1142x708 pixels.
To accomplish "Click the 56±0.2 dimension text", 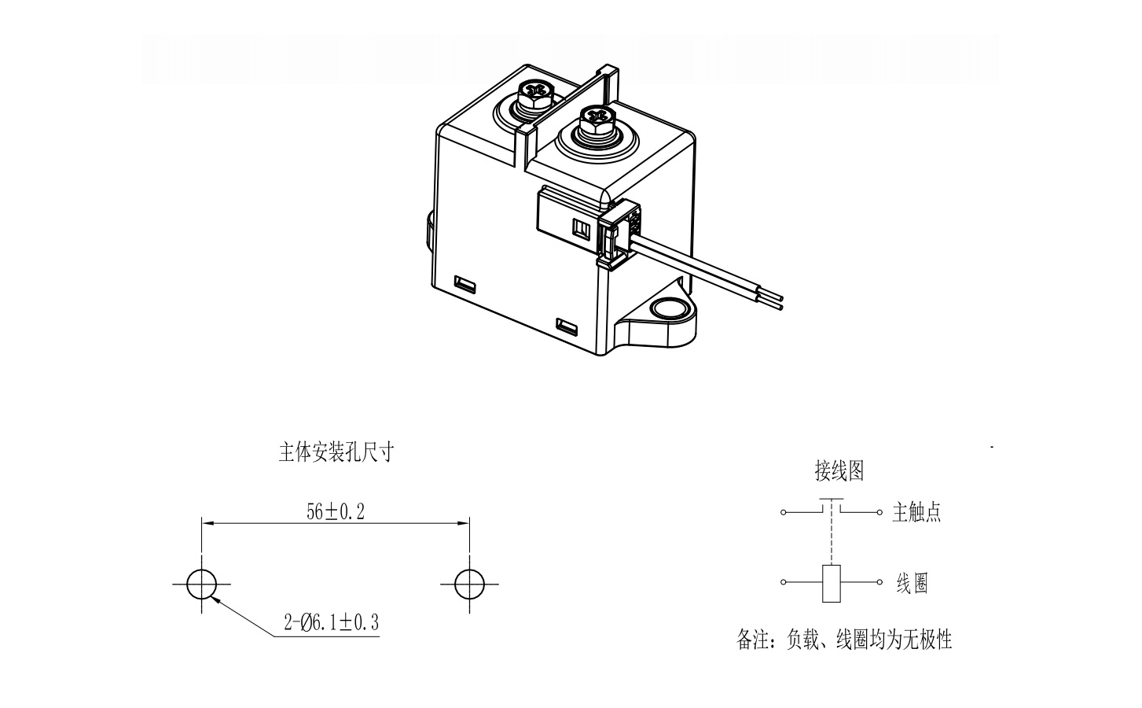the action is click(x=336, y=511).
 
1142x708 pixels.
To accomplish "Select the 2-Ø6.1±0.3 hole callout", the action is click(x=332, y=622).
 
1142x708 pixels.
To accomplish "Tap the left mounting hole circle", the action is click(x=201, y=584).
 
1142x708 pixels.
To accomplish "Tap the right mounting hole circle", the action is click(x=469, y=584).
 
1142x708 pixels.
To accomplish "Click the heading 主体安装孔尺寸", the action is click(x=336, y=452).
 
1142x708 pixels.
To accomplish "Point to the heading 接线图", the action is click(x=839, y=470).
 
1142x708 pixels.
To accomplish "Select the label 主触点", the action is click(x=916, y=512).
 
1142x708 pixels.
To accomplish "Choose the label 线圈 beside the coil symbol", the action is click(x=912, y=583).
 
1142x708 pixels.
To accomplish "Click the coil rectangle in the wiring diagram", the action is click(x=832, y=584).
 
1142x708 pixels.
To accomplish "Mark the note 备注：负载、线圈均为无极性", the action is click(x=844, y=640).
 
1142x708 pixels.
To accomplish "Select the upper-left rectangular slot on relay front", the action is click(x=465, y=283).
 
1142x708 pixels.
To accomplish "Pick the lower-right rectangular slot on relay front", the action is click(x=567, y=326).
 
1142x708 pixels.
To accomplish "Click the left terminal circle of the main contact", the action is click(x=783, y=512).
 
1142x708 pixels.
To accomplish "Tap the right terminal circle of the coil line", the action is click(x=879, y=582).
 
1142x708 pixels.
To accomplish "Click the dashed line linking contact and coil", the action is click(x=832, y=533).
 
